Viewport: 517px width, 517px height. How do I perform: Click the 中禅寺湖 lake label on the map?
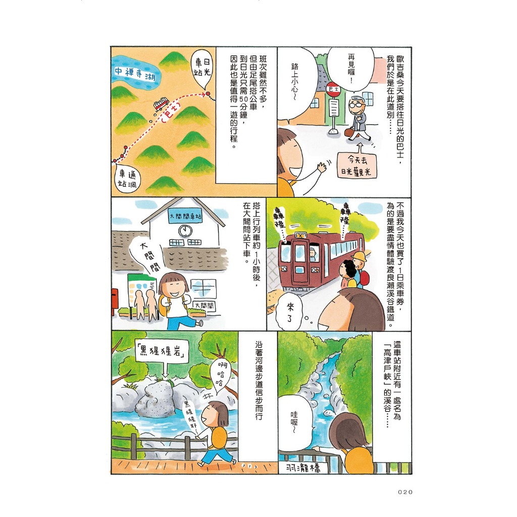point(135,74)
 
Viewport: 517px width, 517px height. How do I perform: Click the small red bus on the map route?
point(161,103)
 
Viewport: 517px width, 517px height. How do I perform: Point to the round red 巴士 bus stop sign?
point(333,89)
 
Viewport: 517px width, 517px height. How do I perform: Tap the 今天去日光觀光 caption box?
point(356,165)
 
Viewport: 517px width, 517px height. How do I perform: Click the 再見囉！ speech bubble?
point(351,69)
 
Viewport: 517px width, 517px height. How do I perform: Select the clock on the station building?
point(185,230)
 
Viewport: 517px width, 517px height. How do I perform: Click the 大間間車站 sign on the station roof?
point(185,216)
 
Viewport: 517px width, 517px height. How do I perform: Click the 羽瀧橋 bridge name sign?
point(303,467)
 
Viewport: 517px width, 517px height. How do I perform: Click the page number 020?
point(405,492)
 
